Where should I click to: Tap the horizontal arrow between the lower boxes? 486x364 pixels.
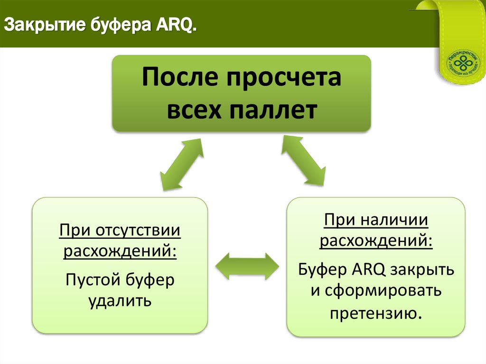[247, 266]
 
